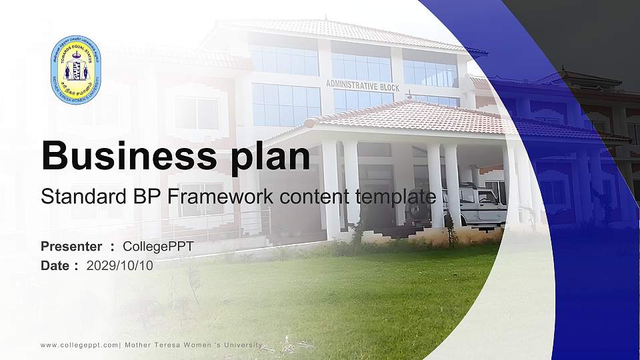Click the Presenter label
[71, 247]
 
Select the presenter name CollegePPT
[158, 247]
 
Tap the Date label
[55, 265]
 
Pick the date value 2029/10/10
[120, 265]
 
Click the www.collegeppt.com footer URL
[79, 345]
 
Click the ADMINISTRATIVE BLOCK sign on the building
[362, 85]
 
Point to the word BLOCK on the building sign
[388, 87]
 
